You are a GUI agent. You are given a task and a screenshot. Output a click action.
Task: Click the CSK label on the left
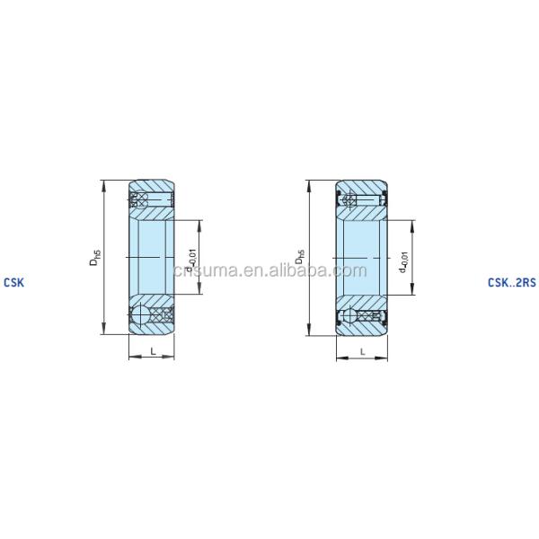[x=14, y=281]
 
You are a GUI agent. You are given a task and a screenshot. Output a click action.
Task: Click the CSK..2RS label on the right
[x=511, y=281]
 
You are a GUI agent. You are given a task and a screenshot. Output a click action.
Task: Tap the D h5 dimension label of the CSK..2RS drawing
[x=302, y=258]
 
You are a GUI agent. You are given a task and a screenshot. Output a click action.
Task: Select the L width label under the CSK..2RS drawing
[x=362, y=352]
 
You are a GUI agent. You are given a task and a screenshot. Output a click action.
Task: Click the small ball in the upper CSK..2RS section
[x=350, y=199]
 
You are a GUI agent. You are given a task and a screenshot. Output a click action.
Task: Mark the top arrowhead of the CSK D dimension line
[x=106, y=183]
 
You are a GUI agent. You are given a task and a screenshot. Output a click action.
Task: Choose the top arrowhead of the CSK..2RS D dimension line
[x=310, y=183]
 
